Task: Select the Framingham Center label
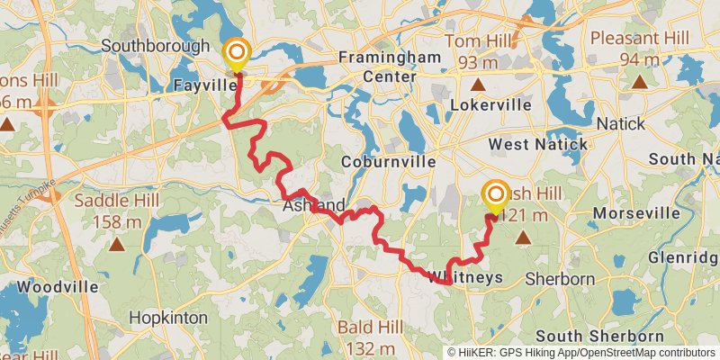coord(390,67)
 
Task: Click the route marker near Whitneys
coord(494,195)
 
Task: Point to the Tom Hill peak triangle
coord(479,85)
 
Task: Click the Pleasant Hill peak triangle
coord(639,83)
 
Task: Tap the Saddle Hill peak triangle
coord(117,244)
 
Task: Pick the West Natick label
coord(538,144)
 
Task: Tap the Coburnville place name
coord(389,162)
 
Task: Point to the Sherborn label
coord(560,279)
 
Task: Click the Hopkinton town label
coord(168,318)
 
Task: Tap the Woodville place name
coord(58,286)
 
